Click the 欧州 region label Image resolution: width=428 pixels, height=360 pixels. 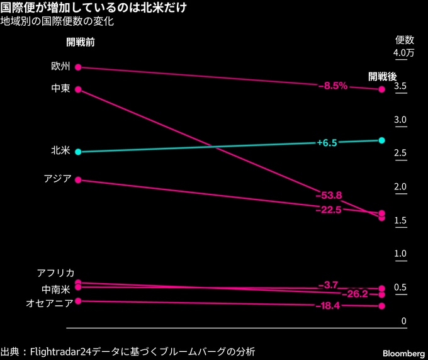tap(61, 66)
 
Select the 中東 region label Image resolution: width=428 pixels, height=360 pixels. tap(61, 89)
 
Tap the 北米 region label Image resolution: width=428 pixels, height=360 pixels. tap(61, 151)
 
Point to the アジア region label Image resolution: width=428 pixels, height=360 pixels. tap(57, 179)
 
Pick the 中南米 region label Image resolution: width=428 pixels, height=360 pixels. tap(57, 289)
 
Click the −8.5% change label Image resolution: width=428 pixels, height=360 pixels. tap(333, 86)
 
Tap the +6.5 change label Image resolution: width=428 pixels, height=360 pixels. tap(327, 143)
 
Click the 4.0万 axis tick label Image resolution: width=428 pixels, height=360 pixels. tap(403, 53)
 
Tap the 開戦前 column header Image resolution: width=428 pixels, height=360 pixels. tap(81, 43)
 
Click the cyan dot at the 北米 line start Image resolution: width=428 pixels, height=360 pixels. tap(78, 152)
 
